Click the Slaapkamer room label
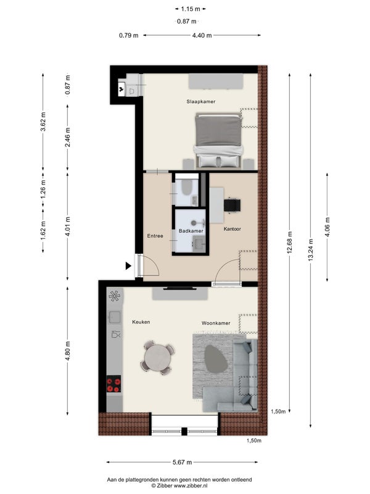tap(201, 101)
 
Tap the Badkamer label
tap(191, 231)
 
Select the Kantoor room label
tap(232, 229)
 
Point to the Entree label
tap(155, 236)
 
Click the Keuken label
tap(141, 322)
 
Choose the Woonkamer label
tap(216, 323)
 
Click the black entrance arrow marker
tap(128, 266)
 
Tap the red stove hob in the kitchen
tap(113, 383)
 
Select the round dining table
tap(158, 358)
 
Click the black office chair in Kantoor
tap(232, 205)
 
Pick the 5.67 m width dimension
tap(182, 462)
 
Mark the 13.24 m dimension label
tap(311, 249)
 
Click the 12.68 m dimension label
tap(290, 242)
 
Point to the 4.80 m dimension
tap(68, 351)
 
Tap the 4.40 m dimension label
tap(202, 35)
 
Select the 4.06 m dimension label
tap(327, 227)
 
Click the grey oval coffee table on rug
tap(216, 359)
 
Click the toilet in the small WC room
tap(186, 187)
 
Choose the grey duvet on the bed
tap(218, 131)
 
